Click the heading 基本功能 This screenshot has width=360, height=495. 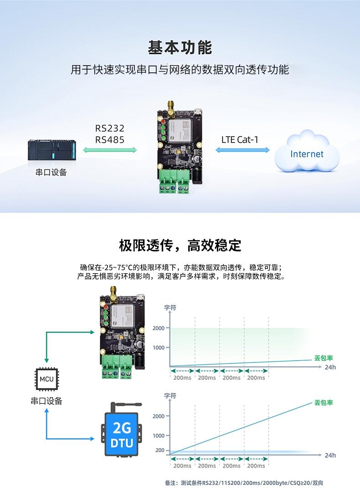180,47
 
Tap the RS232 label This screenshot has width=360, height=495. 110,128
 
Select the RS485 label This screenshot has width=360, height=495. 110,140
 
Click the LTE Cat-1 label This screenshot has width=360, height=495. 240,139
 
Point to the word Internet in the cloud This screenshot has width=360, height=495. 307,154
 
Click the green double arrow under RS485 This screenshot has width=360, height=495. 110,150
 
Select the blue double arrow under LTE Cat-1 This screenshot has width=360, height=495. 242,150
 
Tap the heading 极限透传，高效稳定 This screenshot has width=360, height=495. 180,245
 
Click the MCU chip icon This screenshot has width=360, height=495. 46,378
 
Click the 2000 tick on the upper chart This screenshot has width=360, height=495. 159,328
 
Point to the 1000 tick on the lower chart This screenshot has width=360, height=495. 159,435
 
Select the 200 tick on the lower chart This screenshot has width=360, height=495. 159,450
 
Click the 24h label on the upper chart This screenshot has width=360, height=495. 330,367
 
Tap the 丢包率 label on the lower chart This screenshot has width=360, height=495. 324,403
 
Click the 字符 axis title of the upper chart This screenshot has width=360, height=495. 170,308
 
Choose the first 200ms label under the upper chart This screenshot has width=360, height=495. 182,378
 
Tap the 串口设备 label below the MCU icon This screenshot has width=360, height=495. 46,401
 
